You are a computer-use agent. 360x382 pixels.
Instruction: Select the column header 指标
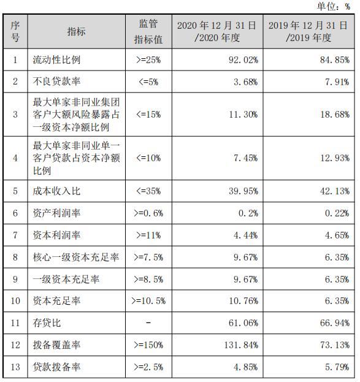[77, 31]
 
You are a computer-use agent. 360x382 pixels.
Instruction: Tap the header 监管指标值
[148, 31]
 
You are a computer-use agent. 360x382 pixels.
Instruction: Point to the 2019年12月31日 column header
[309, 31]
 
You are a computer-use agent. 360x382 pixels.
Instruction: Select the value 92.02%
[242, 60]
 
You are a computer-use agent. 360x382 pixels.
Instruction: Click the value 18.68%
[334, 114]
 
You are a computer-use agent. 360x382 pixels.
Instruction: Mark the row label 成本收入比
[56, 191]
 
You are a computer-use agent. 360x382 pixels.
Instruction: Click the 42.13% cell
[334, 191]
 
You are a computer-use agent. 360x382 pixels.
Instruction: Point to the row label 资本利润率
[56, 235]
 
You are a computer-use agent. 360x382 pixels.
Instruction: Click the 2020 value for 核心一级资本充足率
[244, 258]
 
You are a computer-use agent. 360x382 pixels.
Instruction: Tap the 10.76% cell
[242, 301]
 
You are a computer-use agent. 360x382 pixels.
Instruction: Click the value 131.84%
[240, 345]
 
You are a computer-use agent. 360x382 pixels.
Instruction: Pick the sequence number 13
[15, 367]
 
